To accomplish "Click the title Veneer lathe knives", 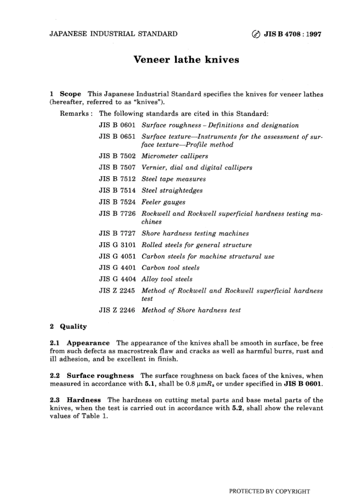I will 186,60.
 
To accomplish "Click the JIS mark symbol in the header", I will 256,34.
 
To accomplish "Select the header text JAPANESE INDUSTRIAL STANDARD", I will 113,34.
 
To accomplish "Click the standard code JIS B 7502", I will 117,156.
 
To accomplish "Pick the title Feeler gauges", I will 163,202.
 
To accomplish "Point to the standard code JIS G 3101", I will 117,245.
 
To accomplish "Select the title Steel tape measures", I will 174,179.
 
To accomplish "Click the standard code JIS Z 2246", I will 117,310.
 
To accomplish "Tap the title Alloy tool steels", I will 167,279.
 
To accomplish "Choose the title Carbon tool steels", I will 170,268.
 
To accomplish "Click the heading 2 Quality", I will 69,327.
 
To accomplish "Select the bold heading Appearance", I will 88,343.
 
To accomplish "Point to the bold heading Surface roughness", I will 100,376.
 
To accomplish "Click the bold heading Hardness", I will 84,400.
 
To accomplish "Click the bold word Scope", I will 70,94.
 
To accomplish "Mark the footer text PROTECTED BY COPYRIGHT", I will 269,491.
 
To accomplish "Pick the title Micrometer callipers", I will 175,156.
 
